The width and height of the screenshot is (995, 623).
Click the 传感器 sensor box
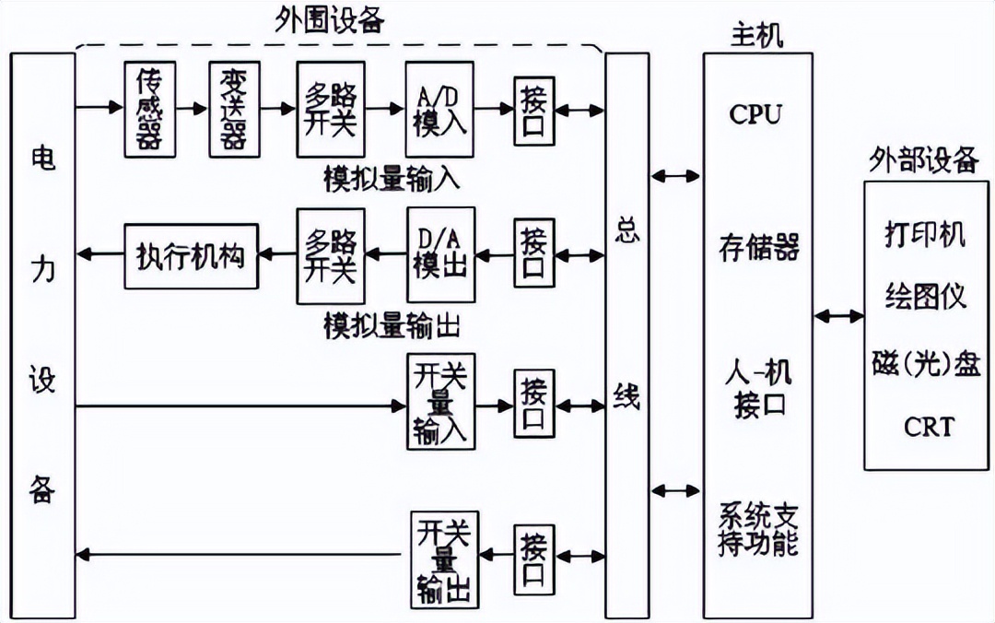point(148,109)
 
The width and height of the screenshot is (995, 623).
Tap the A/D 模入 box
point(439,109)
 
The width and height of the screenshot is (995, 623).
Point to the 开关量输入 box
point(440,404)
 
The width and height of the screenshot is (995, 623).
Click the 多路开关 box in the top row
point(331,109)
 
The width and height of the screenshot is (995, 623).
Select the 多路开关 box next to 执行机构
point(331,254)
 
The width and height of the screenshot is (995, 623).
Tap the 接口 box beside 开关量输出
point(534,558)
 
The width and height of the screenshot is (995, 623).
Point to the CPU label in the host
point(755,114)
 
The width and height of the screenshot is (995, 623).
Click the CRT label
point(928,427)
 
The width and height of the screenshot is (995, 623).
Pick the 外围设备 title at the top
point(331,20)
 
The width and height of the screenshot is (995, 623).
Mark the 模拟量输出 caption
point(392,325)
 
